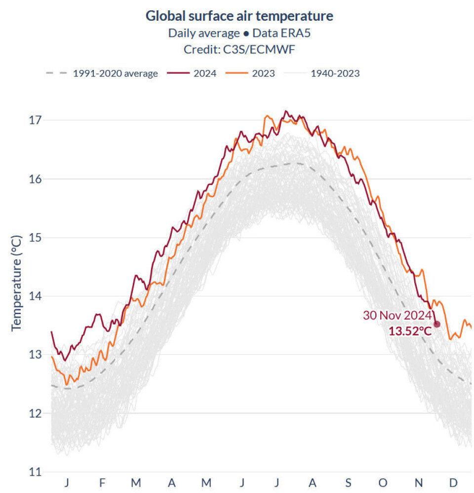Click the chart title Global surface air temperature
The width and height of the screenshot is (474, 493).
point(239,16)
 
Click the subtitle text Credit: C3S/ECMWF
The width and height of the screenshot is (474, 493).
point(239,50)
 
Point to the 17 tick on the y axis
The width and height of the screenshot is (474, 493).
point(36,120)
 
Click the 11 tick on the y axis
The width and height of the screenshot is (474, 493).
point(36,472)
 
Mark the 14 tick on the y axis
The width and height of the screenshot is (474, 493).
point(36,296)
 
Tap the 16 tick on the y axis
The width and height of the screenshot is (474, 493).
point(36,178)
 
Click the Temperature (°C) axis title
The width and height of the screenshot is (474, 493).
point(17,282)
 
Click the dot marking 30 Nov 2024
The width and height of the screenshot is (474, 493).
point(437,324)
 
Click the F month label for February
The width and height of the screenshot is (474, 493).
point(102,483)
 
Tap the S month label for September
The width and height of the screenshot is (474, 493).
point(348,483)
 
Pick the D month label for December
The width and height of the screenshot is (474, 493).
point(453,483)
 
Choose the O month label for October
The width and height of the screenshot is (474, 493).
point(383,483)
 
